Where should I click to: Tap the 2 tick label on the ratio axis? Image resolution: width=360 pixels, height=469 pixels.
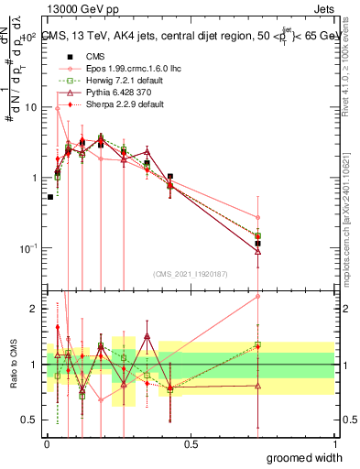pyautogui.click(x=35, y=309)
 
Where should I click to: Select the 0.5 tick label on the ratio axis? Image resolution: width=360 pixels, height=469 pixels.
pyautogui.click(x=31, y=420)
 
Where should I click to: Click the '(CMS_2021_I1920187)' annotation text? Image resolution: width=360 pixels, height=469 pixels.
pyautogui.click(x=190, y=274)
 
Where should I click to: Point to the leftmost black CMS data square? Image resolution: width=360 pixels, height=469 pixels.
pyautogui.click(x=49, y=197)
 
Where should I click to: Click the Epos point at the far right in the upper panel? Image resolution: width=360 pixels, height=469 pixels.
pyautogui.click(x=258, y=218)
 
